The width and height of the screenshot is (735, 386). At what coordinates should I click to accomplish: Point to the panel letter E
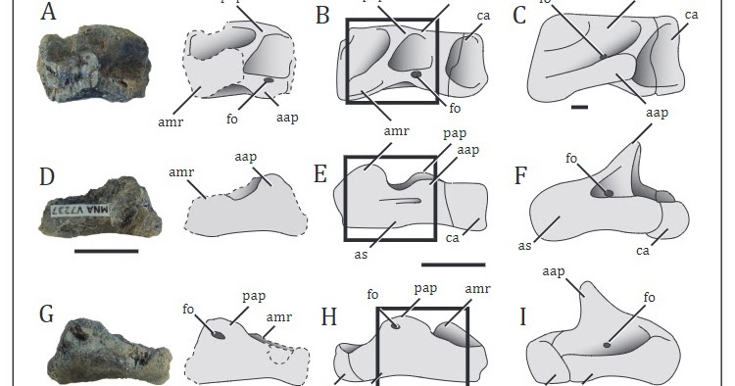(320, 176)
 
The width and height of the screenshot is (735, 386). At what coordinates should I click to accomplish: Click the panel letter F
(522, 177)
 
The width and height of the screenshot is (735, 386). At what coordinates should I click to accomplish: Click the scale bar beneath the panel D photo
(106, 251)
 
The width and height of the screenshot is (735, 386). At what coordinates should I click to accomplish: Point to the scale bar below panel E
(453, 264)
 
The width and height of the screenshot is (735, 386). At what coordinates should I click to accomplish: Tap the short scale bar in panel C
(578, 106)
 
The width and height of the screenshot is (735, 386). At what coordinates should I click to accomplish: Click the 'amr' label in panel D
(180, 171)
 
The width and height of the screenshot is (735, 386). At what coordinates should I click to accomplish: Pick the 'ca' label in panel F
(644, 251)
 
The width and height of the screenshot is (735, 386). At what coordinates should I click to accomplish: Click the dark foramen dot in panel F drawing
(610, 193)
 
